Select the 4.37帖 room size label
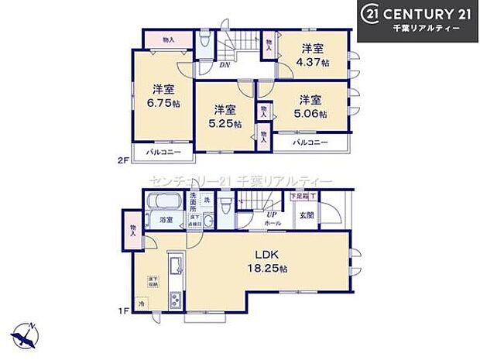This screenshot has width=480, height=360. click(x=314, y=63)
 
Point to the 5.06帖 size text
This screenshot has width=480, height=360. click(x=313, y=113)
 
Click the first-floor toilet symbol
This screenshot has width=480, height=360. click(x=225, y=207)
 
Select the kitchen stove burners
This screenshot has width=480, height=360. click(x=175, y=298)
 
